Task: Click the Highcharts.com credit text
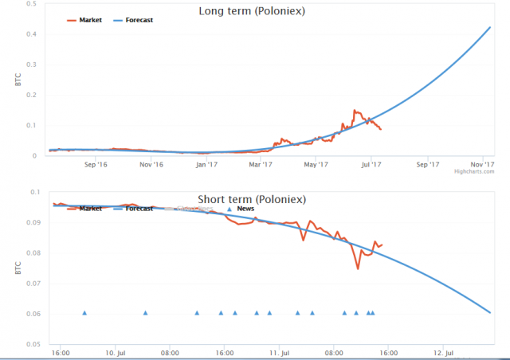(473, 171)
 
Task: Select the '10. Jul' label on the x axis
(116, 351)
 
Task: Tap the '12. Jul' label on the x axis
(444, 351)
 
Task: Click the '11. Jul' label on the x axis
(280, 351)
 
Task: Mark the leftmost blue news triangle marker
(84, 313)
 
